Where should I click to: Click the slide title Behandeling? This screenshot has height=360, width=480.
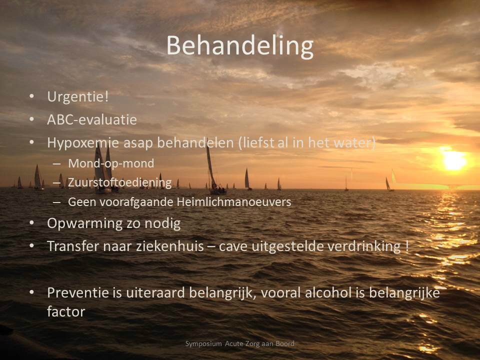click(240, 46)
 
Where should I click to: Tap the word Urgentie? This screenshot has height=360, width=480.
click(78, 97)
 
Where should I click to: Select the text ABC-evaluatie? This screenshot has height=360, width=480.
click(92, 119)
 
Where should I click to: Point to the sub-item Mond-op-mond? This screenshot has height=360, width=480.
click(111, 164)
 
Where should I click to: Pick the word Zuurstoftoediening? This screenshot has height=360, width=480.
click(119, 182)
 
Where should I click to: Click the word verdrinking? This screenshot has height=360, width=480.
click(365, 246)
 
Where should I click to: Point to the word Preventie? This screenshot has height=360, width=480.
click(78, 292)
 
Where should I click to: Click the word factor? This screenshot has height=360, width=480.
click(66, 312)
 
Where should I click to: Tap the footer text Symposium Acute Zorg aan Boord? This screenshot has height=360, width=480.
click(239, 344)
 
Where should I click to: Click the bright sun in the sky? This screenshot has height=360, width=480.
click(454, 160)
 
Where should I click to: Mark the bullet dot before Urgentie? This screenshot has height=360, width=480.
click(31, 96)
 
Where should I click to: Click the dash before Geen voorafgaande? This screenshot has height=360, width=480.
click(56, 202)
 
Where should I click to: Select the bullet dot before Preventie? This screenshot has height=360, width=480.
click(31, 292)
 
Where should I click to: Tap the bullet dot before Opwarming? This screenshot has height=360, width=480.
click(31, 223)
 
